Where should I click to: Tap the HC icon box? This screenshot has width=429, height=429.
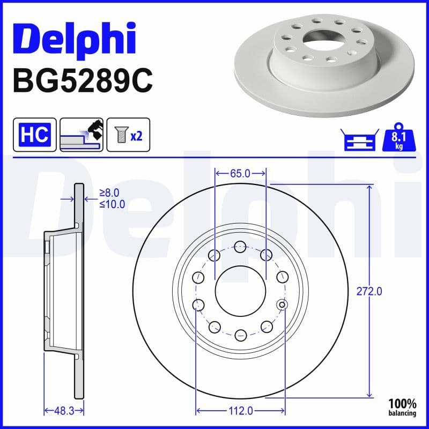34,135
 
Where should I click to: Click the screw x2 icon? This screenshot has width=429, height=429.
129,135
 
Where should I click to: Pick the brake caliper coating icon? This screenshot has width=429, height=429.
81,135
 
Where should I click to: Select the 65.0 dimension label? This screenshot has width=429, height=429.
240,173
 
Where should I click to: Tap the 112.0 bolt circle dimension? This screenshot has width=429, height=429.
240,411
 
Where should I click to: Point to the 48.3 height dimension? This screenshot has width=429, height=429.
63,411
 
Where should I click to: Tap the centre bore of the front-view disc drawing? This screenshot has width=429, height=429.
240,291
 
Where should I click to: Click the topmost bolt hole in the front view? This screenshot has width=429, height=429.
240,247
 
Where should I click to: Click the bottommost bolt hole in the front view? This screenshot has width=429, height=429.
240,336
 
